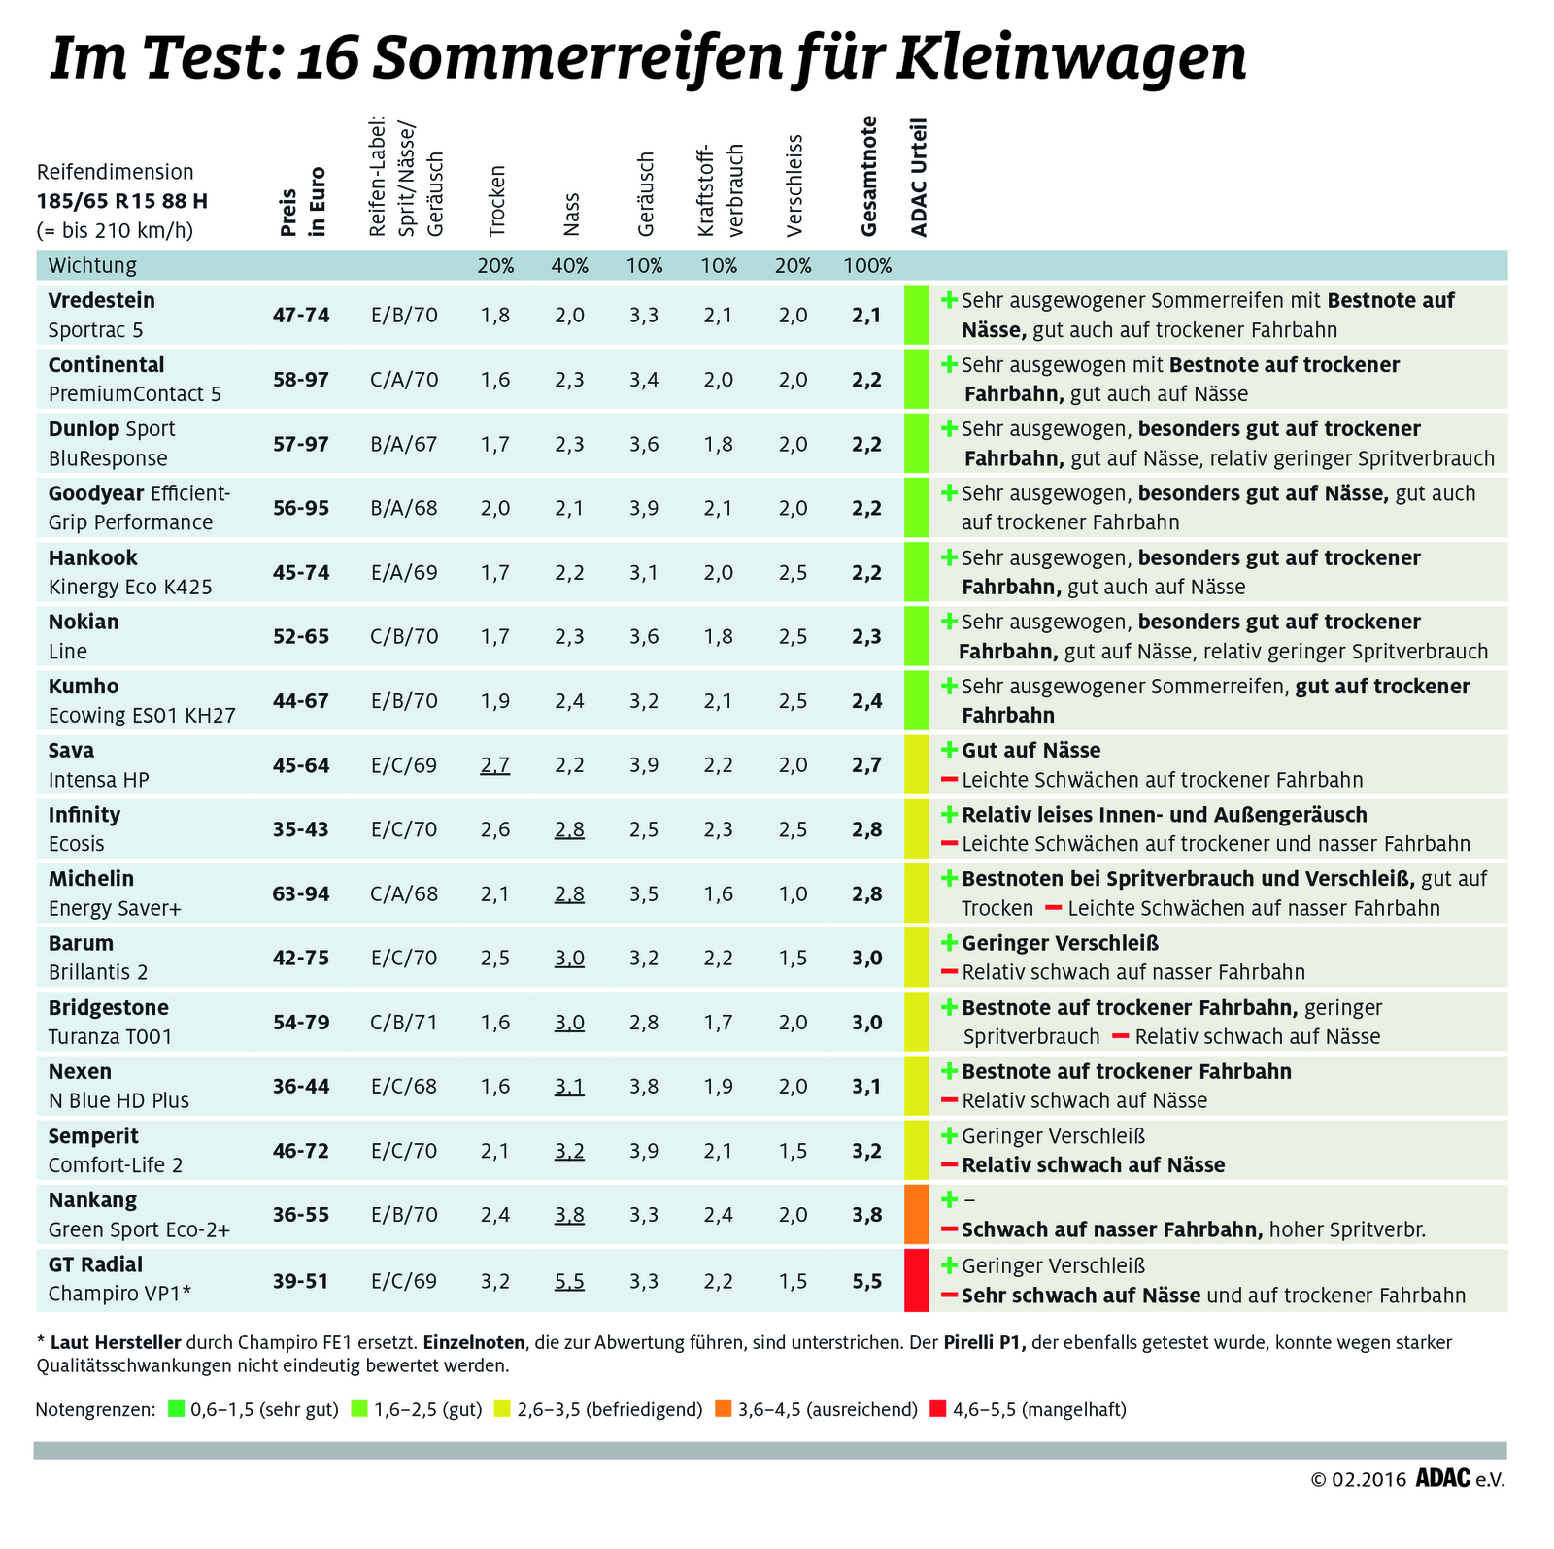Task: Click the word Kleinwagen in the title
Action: pos(1070,58)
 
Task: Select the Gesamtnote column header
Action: pos(868,177)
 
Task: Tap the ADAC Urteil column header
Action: pos(919,178)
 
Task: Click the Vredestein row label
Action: pos(102,301)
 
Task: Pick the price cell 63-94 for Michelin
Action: pos(301,893)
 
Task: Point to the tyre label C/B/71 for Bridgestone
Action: pos(404,1022)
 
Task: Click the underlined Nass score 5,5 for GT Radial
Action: pos(569,1281)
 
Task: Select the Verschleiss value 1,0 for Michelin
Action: pos(793,893)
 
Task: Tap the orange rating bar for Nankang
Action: pos(916,1214)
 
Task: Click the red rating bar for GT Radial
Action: pos(916,1280)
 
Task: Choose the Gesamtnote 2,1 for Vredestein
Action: pos(866,315)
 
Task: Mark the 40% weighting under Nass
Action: pos(570,266)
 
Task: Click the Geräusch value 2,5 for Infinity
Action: pos(644,829)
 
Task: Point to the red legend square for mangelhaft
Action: pos(937,1408)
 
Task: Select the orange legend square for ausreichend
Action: pos(723,1408)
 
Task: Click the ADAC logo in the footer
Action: pos(1442,1478)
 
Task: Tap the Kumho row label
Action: pos(84,687)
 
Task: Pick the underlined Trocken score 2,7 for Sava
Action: pos(494,765)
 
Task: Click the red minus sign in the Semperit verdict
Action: pos(949,1165)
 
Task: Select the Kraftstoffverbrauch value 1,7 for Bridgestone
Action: pos(719,1022)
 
